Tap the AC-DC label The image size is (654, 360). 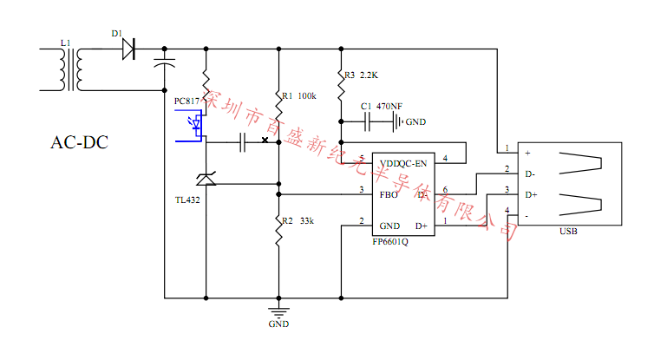[x=80, y=142]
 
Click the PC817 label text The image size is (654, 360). [x=187, y=101]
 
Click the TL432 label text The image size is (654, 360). [x=187, y=200]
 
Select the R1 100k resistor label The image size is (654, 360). [x=298, y=95]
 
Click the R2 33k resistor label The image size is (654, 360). [x=297, y=221]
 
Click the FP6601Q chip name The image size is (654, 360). [x=390, y=242]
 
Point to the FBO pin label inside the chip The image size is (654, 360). [x=389, y=194]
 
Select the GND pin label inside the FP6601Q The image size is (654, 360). [x=389, y=226]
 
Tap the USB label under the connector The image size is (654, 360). [x=569, y=232]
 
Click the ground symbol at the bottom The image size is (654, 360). [x=278, y=311]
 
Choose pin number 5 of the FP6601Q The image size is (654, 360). [x=361, y=158]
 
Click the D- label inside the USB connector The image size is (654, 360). [x=530, y=173]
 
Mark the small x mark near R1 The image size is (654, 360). [x=265, y=140]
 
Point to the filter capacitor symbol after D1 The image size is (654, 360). [x=163, y=62]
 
